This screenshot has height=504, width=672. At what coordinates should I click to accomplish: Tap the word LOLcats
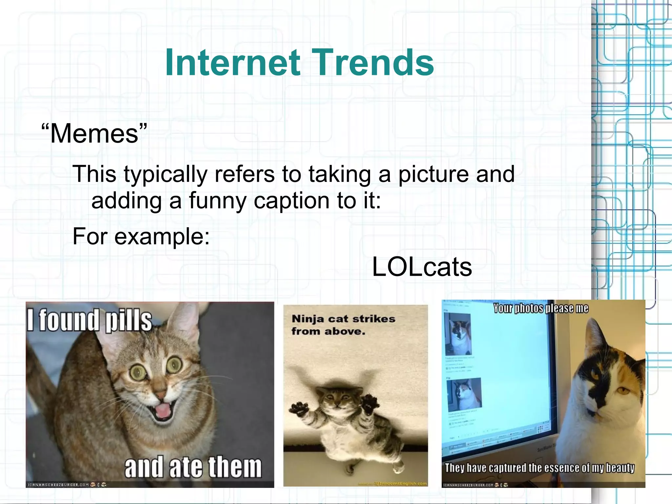[422, 267]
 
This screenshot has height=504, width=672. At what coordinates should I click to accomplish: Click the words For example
[141, 236]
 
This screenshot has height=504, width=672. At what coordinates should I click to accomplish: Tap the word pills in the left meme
[129, 321]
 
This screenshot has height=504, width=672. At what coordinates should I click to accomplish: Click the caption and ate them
[193, 467]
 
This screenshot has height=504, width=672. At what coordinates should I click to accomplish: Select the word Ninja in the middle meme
[308, 319]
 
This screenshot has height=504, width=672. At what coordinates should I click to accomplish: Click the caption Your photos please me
[541, 308]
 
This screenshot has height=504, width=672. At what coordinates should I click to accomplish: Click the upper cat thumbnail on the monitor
[457, 333]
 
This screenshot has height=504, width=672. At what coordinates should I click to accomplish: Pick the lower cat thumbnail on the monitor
[464, 394]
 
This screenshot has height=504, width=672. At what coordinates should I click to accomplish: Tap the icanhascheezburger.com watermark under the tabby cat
[58, 485]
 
